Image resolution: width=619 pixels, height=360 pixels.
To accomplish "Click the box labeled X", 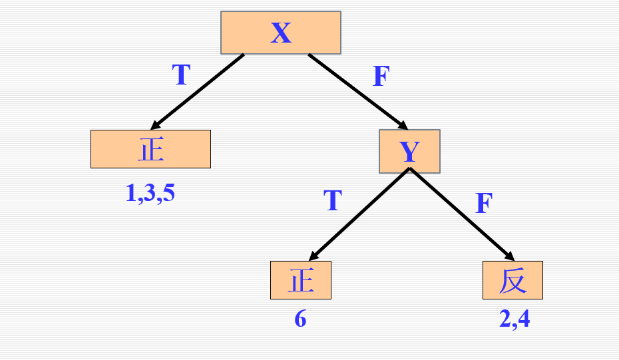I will [x=281, y=33].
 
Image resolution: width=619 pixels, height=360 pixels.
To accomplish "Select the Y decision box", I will [x=409, y=151].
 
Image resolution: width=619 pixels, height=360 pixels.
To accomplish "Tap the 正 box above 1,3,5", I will [x=150, y=149].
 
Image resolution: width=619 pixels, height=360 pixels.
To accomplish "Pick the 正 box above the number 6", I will [x=300, y=280].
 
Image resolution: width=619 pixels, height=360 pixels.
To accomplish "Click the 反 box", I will [x=513, y=280].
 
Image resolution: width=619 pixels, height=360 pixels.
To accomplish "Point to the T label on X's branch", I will [x=182, y=75].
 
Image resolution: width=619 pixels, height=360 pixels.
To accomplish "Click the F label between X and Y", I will [x=381, y=77].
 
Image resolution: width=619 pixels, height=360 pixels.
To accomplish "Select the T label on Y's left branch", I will [x=332, y=200].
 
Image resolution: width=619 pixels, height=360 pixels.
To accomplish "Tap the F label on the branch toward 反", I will [x=484, y=203].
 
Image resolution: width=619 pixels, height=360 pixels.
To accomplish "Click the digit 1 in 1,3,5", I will [x=130, y=193].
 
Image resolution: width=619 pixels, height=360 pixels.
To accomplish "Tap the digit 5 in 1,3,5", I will [x=168, y=193].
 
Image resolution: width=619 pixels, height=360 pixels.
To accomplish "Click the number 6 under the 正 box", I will [x=300, y=319].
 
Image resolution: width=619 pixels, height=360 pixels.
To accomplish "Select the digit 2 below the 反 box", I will [x=505, y=319].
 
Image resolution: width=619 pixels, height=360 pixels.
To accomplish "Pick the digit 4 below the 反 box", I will [x=524, y=319].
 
